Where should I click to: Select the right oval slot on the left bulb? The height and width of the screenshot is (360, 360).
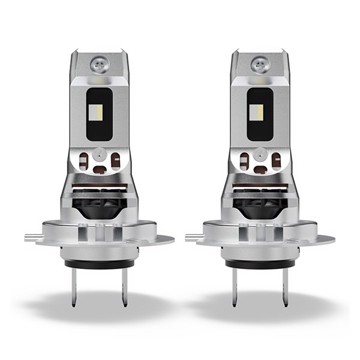pos(115,160)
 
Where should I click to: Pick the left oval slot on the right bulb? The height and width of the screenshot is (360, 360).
pos(244,161)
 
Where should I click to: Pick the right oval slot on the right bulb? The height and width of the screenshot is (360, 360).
pos(275,160)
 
